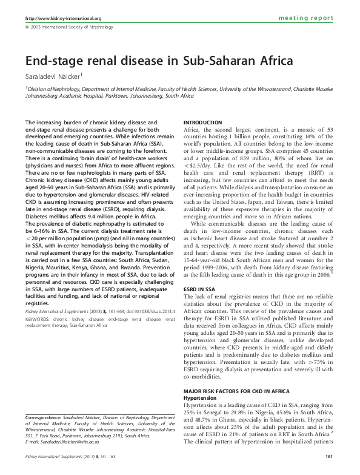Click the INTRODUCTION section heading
pyautogui.click(x=202, y=122)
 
